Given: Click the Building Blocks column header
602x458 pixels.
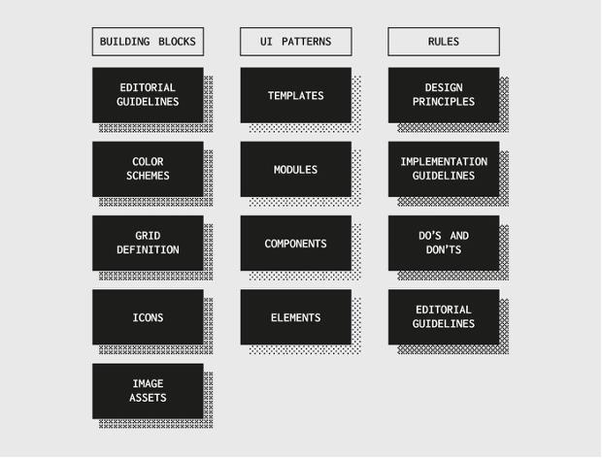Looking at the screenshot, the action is click(148, 42).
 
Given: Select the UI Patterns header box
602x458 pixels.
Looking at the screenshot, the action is click(295, 42).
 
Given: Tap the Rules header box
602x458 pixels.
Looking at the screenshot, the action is click(444, 42).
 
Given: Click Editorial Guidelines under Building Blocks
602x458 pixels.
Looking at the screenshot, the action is click(148, 95).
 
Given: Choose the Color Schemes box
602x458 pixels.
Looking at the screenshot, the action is click(148, 169).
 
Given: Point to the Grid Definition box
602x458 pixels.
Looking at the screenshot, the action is click(148, 244).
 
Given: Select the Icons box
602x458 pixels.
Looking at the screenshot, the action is click(148, 317).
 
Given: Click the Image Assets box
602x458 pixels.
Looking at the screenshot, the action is click(148, 391).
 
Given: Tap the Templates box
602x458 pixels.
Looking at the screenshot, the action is click(295, 95).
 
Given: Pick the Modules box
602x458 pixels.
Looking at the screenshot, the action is click(295, 169).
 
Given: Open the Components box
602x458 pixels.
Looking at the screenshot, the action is click(295, 244).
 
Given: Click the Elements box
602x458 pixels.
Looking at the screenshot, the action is click(295, 317).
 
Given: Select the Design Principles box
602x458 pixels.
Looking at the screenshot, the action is click(444, 95).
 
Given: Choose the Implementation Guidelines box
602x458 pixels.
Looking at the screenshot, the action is click(444, 169).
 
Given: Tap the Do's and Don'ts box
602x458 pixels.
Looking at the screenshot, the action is click(444, 244).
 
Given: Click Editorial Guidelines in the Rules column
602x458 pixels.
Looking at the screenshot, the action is click(444, 317).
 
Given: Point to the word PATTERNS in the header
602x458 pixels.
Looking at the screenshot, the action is click(307, 42).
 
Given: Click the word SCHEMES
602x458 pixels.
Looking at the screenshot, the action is click(148, 176).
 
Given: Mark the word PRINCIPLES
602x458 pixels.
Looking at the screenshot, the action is click(444, 102).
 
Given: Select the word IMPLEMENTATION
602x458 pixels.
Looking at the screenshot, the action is click(444, 162).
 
